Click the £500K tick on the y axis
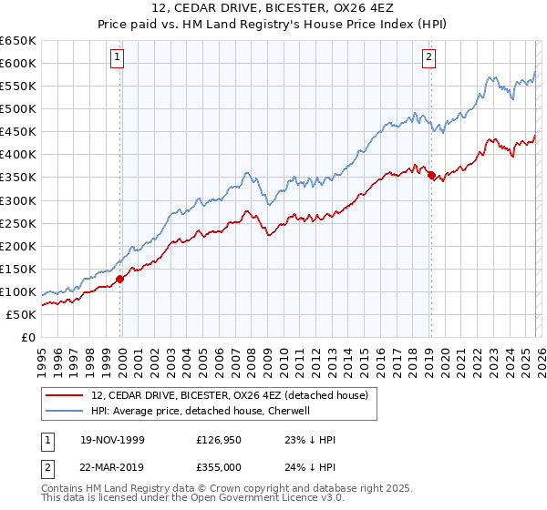click(x=18, y=109)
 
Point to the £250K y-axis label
click(x=18, y=223)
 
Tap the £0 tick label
click(x=27, y=338)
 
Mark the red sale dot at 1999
click(x=120, y=280)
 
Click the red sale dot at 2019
click(x=431, y=175)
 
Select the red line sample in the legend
click(x=64, y=396)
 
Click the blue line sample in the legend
click(x=64, y=411)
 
